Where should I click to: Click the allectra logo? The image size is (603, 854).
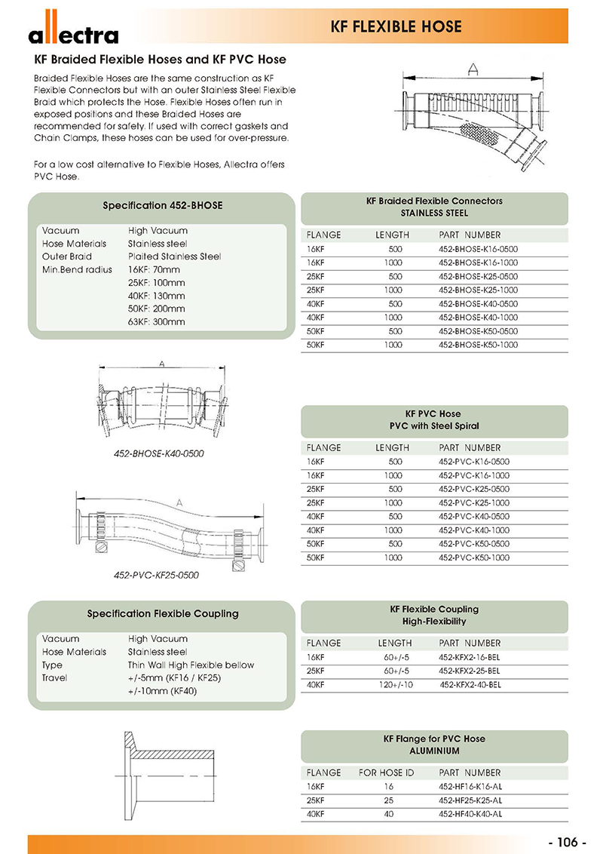coord(73,33)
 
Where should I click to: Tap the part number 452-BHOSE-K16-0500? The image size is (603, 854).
coord(478,249)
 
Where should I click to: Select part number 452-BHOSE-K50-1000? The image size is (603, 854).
coord(478,345)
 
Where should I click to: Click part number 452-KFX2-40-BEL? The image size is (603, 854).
coord(470,684)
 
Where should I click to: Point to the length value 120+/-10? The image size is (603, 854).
coord(394,684)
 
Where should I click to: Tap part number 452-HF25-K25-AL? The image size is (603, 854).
coord(469,800)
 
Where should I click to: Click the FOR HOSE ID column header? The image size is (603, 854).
coord(386,773)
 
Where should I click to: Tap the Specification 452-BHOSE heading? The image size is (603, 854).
coord(162,205)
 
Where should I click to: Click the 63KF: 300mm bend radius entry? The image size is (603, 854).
coord(156,321)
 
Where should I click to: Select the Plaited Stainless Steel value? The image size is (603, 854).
coord(174,257)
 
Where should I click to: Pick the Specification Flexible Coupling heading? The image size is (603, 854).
coord(162,613)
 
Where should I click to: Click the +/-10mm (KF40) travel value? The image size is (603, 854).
coord(162,690)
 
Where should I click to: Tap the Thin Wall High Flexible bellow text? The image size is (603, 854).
coord(191,665)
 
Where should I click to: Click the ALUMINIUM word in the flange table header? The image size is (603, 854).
coord(434,751)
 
